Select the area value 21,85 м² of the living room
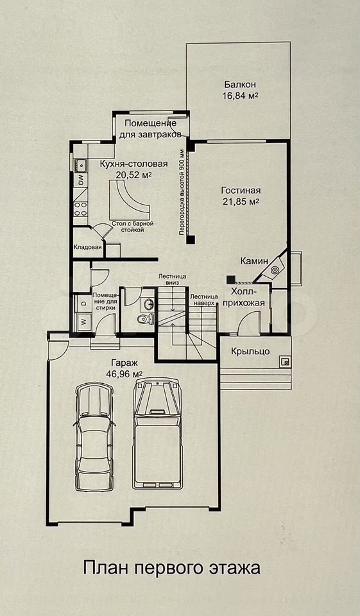(x=240, y=202)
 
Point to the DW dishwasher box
(x=81, y=180)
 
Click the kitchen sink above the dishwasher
(x=80, y=165)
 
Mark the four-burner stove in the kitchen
(x=81, y=209)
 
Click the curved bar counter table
(x=129, y=200)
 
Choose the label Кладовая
(x=88, y=248)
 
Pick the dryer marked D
(x=83, y=304)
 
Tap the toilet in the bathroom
(x=146, y=319)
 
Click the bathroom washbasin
(x=148, y=304)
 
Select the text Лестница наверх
(x=203, y=300)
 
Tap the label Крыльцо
(x=250, y=351)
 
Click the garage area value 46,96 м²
(x=124, y=373)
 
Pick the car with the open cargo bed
(x=159, y=434)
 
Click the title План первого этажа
(x=172, y=568)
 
